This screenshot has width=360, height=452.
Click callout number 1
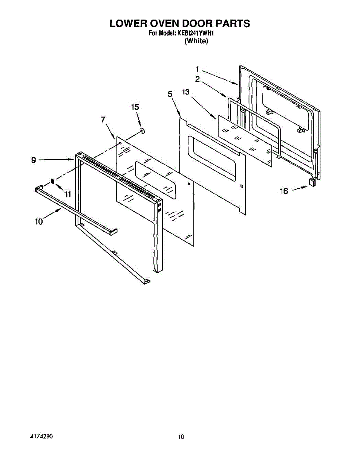point(197,69)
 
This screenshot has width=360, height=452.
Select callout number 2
point(197,79)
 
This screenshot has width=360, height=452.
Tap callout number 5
point(170,94)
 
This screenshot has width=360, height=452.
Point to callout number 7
point(103,119)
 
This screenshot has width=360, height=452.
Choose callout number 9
point(34,160)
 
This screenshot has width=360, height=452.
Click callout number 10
point(39,222)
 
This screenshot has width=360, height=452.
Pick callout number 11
point(68,194)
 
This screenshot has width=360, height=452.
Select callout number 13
point(185,92)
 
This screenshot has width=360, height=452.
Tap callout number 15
point(135,107)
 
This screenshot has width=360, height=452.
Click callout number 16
point(284,191)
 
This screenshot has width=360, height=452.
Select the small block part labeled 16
point(312,182)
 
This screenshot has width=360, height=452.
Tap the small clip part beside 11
point(53,182)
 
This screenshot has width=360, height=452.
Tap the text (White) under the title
point(196,41)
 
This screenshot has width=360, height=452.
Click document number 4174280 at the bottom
point(41,436)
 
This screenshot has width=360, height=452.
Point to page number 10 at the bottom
point(181,437)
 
